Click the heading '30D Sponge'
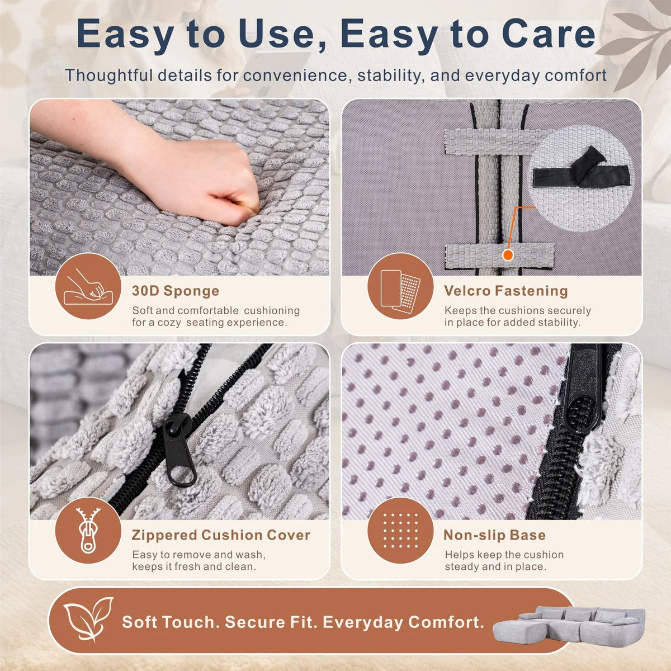(x=176, y=291)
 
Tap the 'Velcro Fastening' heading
(x=506, y=291)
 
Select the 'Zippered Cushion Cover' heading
(x=221, y=535)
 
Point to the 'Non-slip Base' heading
(x=494, y=535)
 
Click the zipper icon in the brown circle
(x=88, y=530)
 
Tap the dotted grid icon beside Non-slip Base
(x=400, y=530)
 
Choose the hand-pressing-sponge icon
(x=88, y=287)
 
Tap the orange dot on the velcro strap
(x=508, y=255)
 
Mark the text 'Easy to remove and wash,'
(x=199, y=555)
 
